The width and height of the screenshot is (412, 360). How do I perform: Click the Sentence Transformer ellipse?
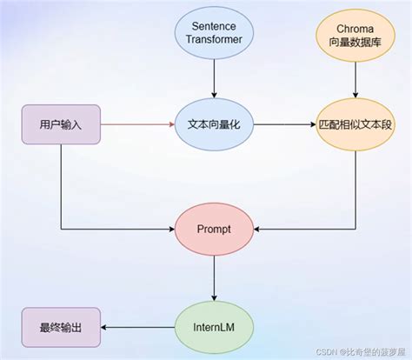213,33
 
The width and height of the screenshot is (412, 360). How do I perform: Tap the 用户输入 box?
61,124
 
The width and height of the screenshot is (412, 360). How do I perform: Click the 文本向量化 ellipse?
213,124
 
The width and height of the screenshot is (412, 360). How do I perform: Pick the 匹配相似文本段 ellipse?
353,124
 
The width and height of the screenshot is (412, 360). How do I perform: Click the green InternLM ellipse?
213,327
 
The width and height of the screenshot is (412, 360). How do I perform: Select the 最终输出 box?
61,327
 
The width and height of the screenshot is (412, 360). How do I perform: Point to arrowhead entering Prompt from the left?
170,230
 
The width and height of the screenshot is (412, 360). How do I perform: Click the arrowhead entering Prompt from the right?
257,230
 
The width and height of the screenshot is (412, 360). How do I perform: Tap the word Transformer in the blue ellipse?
213,40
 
